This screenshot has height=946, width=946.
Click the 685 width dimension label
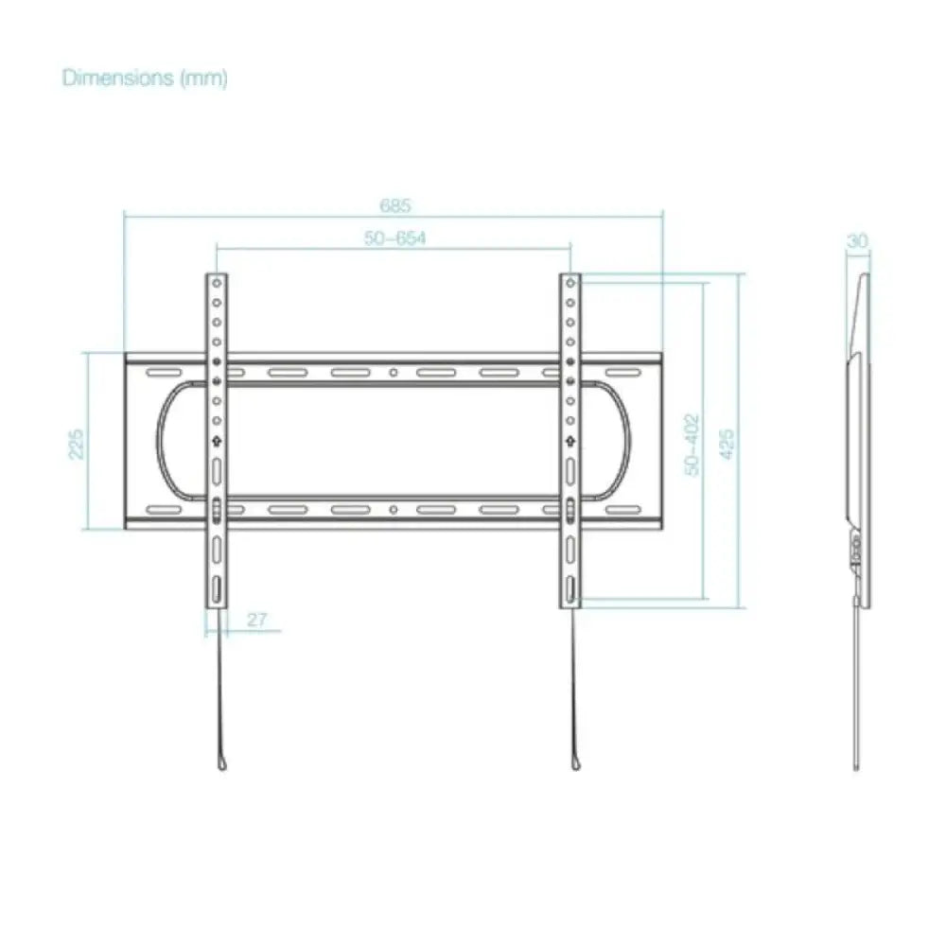point(395,205)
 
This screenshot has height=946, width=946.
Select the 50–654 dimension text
point(395,238)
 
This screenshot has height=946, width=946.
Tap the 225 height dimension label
point(77,444)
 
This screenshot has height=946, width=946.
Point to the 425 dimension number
point(727,444)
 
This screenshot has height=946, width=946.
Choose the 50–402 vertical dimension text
point(692,445)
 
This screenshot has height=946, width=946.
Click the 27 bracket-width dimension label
point(256,620)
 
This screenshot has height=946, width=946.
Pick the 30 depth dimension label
point(857,241)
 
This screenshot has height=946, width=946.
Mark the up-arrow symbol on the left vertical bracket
point(217,442)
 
